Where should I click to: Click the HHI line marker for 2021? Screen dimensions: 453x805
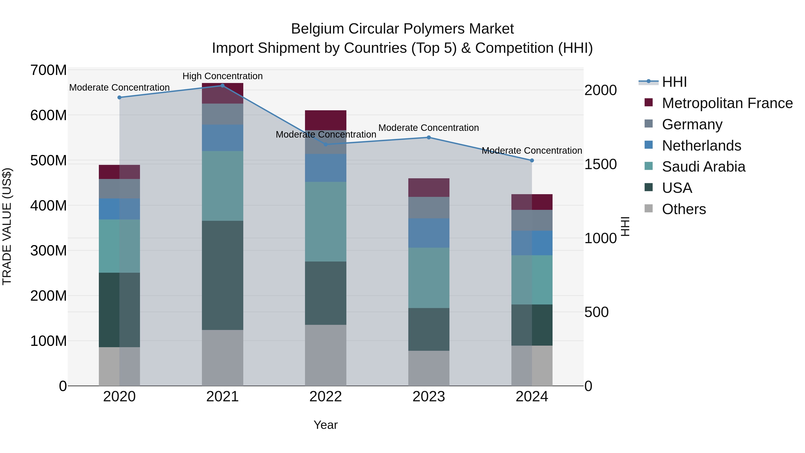[222, 86]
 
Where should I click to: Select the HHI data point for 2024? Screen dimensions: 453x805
[532, 160]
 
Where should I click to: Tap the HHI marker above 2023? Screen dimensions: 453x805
[429, 138]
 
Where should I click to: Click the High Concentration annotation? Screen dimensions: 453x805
[222, 76]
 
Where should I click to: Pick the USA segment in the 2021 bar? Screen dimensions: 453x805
[222, 275]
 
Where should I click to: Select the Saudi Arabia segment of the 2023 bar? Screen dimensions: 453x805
[429, 278]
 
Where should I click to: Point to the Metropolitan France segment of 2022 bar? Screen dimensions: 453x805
[326, 120]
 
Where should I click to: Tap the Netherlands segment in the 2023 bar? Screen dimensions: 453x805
[429, 233]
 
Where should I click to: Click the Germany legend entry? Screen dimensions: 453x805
[692, 124]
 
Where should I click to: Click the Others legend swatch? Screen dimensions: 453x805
[649, 208]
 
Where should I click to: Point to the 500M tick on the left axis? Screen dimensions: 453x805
[49, 161]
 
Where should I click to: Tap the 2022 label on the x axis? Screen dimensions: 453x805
[326, 397]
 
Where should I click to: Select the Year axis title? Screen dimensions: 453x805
[326, 425]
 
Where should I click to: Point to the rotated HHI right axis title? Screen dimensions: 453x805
[625, 226]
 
